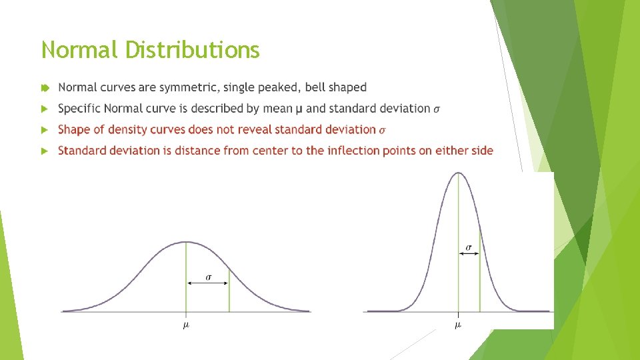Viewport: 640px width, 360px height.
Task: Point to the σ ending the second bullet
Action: click(437, 109)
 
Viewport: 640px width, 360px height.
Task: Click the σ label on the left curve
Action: click(208, 276)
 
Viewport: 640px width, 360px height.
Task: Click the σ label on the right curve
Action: click(469, 247)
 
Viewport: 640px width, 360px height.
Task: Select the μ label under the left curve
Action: click(186, 325)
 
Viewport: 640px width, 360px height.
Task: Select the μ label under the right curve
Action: click(458, 325)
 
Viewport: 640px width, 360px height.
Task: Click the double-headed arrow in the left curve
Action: click(207, 283)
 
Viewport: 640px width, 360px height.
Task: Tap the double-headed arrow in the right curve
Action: click(469, 254)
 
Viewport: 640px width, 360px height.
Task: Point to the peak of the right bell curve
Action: click(458, 173)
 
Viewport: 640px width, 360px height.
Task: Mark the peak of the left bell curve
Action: click(187, 241)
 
